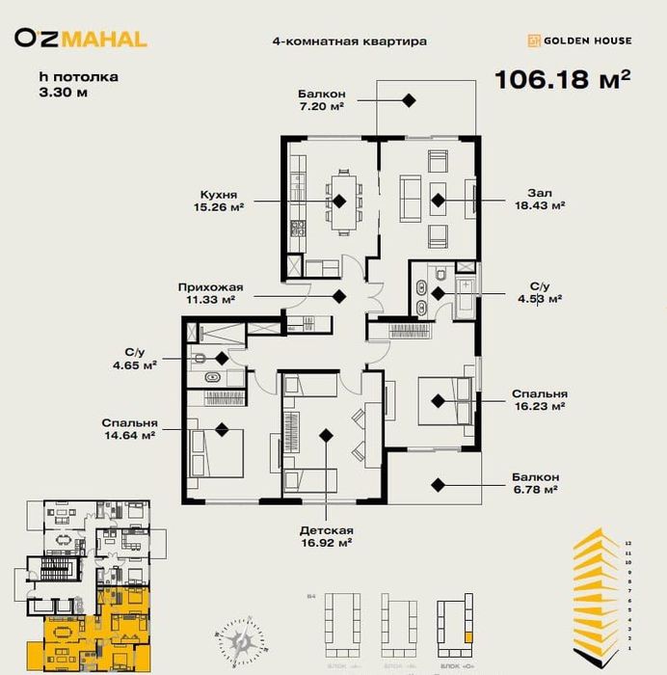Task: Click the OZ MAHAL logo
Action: pyautogui.click(x=81, y=40)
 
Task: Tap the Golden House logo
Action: pyautogui.click(x=578, y=40)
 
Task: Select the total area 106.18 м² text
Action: pyautogui.click(x=562, y=79)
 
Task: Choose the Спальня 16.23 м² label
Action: pyautogui.click(x=540, y=400)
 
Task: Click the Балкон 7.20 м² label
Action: pyautogui.click(x=322, y=99)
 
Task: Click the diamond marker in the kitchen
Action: pyautogui.click(x=339, y=201)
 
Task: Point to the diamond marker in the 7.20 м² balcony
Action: pyautogui.click(x=410, y=99)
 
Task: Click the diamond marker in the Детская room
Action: pyautogui.click(x=326, y=437)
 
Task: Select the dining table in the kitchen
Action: pyautogui.click(x=341, y=200)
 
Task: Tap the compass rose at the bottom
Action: pyautogui.click(x=242, y=640)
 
